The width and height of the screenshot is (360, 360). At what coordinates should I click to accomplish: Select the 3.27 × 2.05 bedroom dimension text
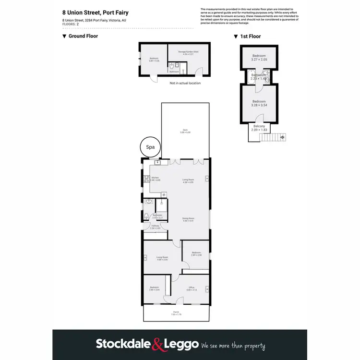click(x=259, y=60)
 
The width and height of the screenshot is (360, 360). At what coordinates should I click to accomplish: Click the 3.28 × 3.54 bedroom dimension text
click(x=259, y=106)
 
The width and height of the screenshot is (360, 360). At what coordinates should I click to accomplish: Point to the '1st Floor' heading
click(x=249, y=36)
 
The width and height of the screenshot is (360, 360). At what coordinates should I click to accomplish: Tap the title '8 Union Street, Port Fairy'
click(x=95, y=12)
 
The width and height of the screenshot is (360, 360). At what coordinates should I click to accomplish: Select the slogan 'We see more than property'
click(x=233, y=345)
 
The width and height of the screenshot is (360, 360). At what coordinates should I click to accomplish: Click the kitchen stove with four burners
click(x=146, y=179)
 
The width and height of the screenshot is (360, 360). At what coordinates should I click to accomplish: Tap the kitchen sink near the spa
click(x=157, y=163)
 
